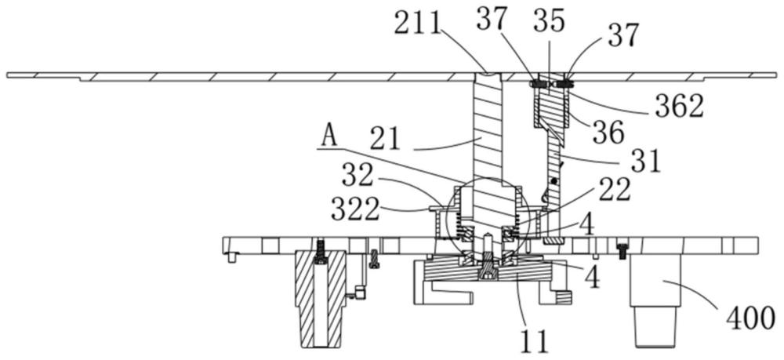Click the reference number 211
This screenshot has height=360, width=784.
pos(418,24)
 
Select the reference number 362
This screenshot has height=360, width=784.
pos(679,106)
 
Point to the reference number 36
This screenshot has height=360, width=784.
pos(608,133)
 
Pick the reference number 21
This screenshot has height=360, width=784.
pos(385,139)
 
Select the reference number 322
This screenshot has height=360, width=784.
pos(355,211)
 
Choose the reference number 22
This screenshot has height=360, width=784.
pos(615,191)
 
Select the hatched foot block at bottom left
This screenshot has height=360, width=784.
pos(320,298)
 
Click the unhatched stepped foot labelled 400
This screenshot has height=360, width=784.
pos(655,300)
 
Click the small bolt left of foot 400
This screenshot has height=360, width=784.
pos(622,250)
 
